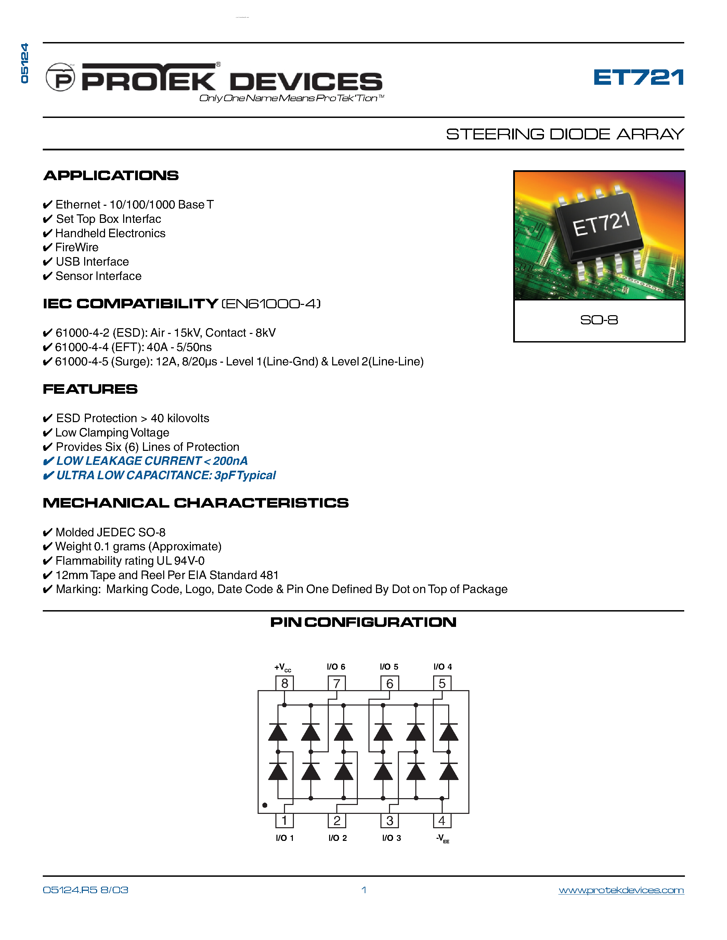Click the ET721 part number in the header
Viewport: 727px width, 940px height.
(638, 78)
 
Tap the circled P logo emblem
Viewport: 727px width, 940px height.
(60, 78)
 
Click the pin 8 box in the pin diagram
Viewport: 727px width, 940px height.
(284, 683)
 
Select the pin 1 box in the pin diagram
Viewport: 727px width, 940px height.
(284, 820)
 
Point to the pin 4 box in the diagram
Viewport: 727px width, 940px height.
(442, 820)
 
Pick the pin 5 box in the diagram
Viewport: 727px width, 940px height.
(442, 683)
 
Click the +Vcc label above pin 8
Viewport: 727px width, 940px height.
(283, 667)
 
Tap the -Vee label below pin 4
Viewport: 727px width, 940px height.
(442, 838)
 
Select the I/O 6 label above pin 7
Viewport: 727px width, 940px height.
(336, 667)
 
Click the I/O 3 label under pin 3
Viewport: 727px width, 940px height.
(391, 838)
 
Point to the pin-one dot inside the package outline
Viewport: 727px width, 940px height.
(265, 805)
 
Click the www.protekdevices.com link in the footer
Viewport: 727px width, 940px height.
(621, 890)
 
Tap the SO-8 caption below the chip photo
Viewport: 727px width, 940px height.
(599, 320)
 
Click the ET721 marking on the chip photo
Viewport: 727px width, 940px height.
(601, 225)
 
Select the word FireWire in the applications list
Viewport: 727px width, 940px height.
(77, 247)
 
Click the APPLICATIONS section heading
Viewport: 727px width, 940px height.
(111, 176)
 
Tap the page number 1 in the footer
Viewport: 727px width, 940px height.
(364, 890)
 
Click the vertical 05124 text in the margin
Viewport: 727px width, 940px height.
(25, 63)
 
